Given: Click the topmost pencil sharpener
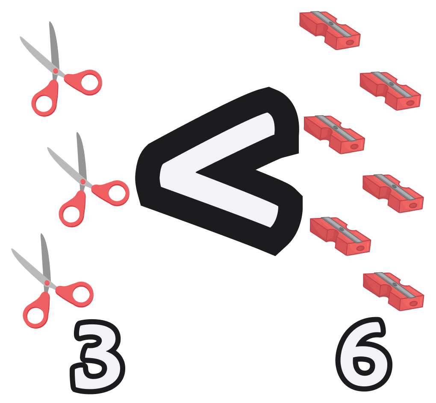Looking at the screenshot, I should (x=330, y=30).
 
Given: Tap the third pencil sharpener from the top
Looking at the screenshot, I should (x=334, y=134).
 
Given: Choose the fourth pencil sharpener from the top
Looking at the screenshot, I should (x=393, y=193).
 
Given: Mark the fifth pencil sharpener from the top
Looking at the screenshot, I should (x=340, y=236).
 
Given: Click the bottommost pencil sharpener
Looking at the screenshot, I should (x=393, y=291).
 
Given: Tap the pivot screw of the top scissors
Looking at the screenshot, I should (x=56, y=71).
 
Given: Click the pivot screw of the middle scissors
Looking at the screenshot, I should (x=83, y=182).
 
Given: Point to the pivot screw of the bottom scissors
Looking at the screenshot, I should (x=47, y=283).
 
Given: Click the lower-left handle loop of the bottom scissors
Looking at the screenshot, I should (x=35, y=315).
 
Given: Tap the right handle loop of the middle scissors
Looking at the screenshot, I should (x=117, y=193).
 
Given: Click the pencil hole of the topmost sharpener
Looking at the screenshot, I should (x=350, y=42).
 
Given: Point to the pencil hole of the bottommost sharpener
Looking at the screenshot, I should (x=413, y=303).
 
